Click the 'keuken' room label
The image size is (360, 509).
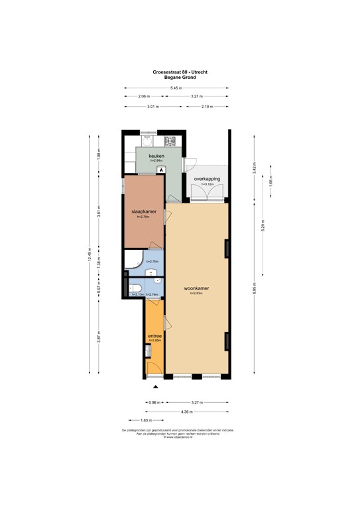[156, 156]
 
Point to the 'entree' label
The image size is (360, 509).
[155, 336]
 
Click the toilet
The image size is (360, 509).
[134, 287]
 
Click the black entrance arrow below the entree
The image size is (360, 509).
[156, 386]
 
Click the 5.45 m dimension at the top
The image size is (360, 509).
[176, 89]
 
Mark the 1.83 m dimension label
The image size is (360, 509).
[145, 421]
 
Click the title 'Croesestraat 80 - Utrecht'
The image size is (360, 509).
[175, 72]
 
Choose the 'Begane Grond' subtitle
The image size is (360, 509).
[175, 78]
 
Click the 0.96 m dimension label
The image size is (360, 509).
[155, 402]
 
